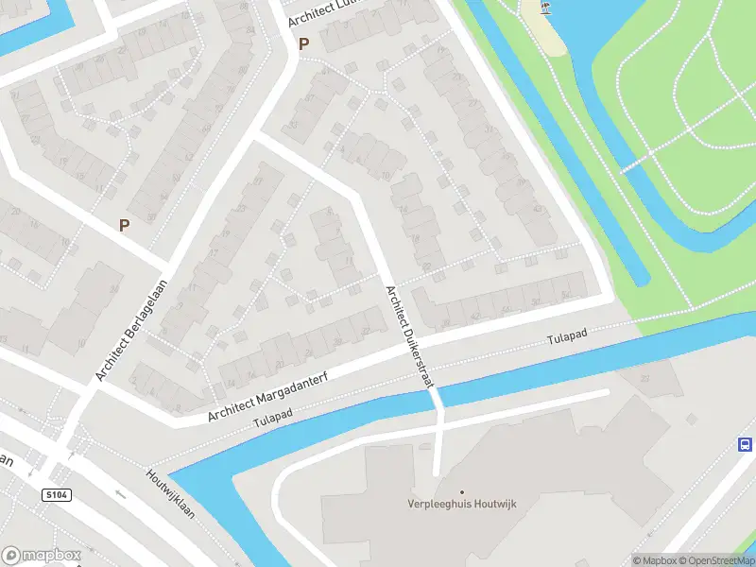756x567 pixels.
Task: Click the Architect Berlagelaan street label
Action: point(131,329)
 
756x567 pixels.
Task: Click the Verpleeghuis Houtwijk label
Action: point(462,505)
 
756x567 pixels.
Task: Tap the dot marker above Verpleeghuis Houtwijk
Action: point(462,491)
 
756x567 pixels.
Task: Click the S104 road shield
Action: point(57,494)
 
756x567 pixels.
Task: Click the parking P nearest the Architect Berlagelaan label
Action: point(124,225)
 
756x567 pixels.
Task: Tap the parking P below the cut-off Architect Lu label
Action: point(304,43)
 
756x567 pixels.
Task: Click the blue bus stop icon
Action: point(745,444)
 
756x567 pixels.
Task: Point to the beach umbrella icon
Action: point(545,8)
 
